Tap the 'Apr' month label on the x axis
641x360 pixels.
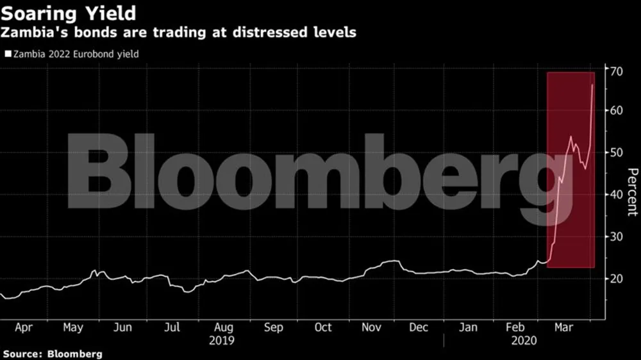coord(24,327)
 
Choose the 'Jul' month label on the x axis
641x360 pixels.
coord(172,327)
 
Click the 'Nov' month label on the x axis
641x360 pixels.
coord(372,327)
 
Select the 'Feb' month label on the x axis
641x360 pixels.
coord(516,327)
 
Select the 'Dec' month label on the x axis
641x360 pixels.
coord(419,327)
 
